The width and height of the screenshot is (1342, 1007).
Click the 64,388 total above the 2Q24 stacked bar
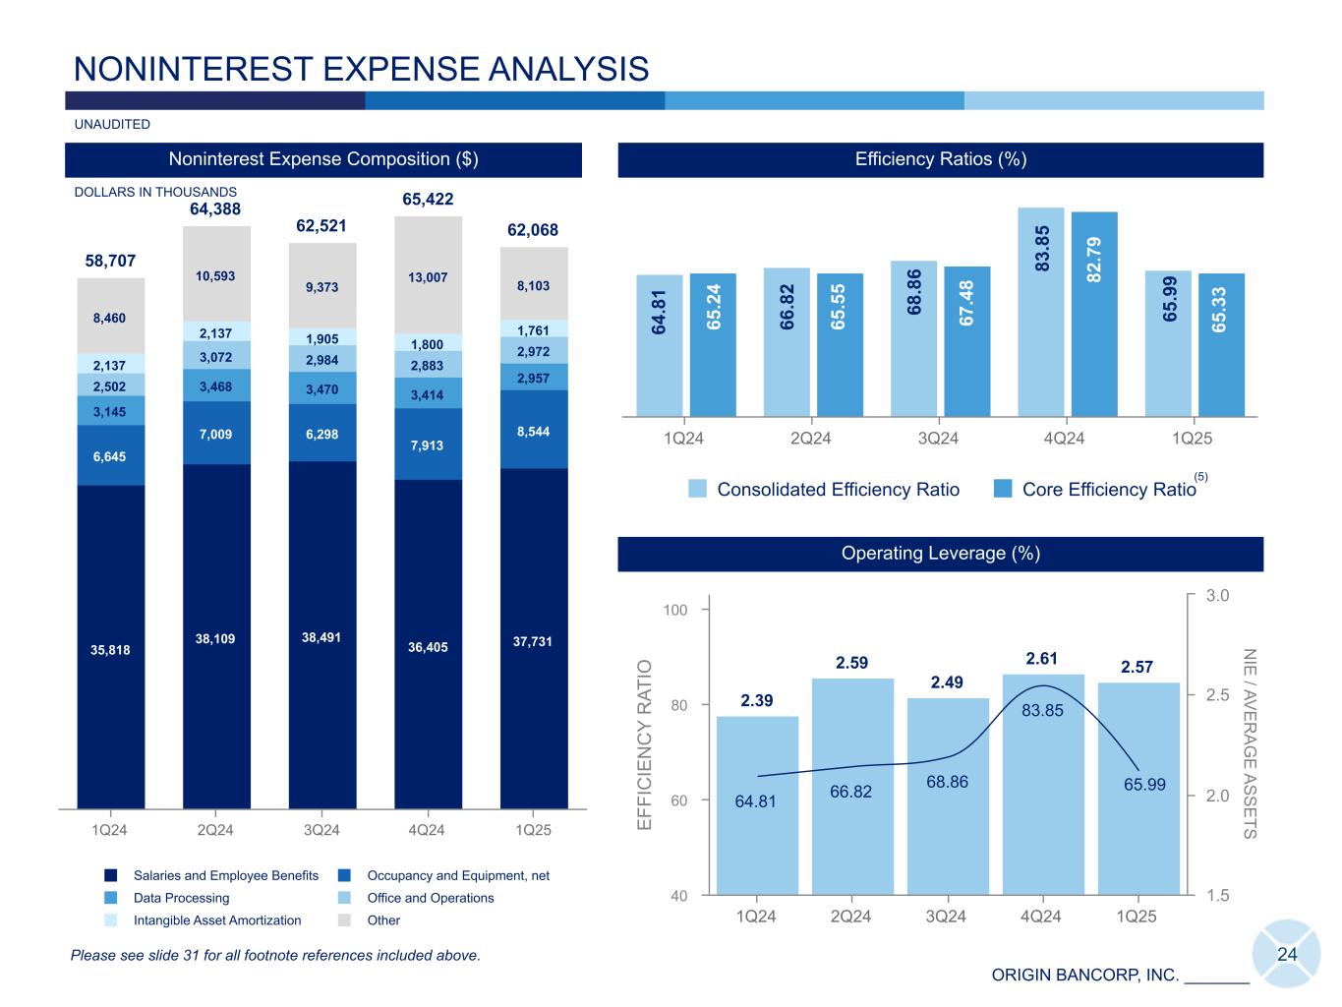tap(215, 208)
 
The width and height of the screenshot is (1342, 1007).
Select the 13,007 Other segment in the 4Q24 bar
tap(428, 277)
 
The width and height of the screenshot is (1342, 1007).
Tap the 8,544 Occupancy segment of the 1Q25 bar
tap(533, 431)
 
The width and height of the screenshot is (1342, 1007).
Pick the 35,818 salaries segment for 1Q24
tap(111, 649)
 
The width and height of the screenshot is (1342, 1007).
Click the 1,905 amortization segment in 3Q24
tap(321, 337)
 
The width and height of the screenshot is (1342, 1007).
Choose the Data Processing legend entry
tap(181, 898)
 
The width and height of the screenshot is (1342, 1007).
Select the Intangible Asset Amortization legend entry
tap(217, 920)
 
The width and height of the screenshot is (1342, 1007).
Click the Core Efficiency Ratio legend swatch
tap(1003, 490)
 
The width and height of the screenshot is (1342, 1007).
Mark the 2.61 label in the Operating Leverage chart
tap(1041, 658)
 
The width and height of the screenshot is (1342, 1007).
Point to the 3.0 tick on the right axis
tap(1218, 595)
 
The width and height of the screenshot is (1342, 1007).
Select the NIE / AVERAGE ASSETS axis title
tap(1250, 743)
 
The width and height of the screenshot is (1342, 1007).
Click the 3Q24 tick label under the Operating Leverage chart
tap(946, 917)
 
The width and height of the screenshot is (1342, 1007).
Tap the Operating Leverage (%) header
tap(940, 554)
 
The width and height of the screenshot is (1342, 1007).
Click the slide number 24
tap(1287, 954)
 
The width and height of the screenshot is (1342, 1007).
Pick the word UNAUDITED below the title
tap(112, 125)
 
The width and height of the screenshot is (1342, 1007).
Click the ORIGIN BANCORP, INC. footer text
tap(1084, 976)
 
